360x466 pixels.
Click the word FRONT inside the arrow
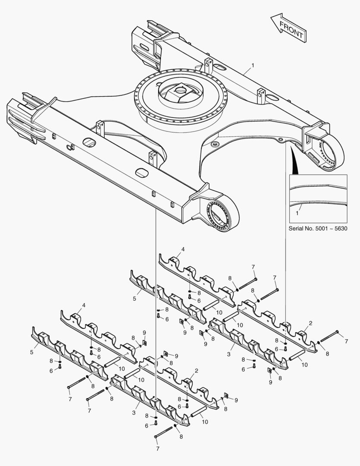pyautogui.click(x=292, y=29)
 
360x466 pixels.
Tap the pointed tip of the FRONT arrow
pyautogui.click(x=271, y=18)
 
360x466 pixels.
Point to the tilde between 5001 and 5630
pyautogui.click(x=333, y=229)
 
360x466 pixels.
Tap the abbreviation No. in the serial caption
pyautogui.click(x=310, y=229)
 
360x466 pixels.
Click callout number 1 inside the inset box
pyautogui.click(x=297, y=213)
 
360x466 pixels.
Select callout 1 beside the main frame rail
pyautogui.click(x=253, y=65)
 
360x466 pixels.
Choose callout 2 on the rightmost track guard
pyautogui.click(x=310, y=323)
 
